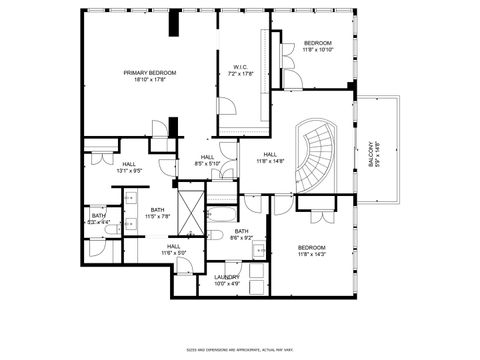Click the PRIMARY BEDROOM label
[x=149, y=77]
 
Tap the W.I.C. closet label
[x=240, y=70]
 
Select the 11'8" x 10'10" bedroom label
[x=318, y=46]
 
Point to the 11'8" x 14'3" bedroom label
[x=311, y=251]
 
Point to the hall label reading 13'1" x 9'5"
[x=129, y=167]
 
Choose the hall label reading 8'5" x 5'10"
[x=207, y=160]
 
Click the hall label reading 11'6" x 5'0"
[x=174, y=249]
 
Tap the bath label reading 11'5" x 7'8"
[x=158, y=213]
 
